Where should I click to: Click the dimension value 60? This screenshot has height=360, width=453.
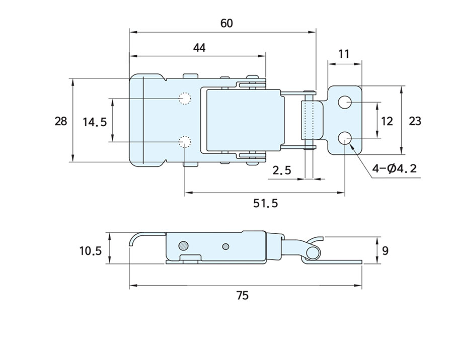click(x=226, y=24)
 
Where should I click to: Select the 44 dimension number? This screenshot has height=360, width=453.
click(x=199, y=48)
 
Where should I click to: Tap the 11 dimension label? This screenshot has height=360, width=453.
click(x=343, y=54)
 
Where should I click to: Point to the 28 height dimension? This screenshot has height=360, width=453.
click(x=61, y=121)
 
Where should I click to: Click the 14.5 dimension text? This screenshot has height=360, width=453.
click(x=95, y=122)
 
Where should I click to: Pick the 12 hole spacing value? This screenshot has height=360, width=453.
click(x=387, y=121)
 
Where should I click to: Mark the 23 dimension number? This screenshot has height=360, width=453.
click(x=415, y=121)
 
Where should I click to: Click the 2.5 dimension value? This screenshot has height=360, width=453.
click(x=282, y=170)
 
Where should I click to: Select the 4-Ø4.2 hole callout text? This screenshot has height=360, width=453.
click(x=395, y=168)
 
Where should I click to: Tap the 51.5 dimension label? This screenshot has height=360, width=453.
click(x=265, y=204)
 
